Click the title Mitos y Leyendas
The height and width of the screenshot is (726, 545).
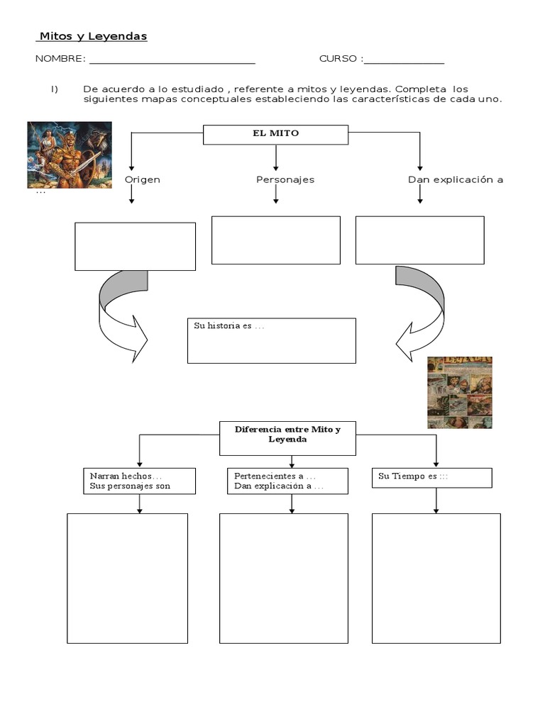[x=92, y=36]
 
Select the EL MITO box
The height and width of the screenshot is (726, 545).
[x=275, y=134]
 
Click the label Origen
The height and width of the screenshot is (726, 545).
[x=143, y=179]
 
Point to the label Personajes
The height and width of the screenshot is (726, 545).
[x=285, y=179]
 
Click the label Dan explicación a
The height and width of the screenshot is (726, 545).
[x=456, y=179]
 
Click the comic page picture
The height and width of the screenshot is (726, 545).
[x=459, y=392]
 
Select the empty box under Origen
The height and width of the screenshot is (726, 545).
[x=135, y=246]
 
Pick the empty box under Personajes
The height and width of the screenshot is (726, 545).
[x=276, y=240]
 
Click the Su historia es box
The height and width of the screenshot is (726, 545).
[x=271, y=340]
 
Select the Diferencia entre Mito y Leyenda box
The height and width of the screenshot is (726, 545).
[x=287, y=437]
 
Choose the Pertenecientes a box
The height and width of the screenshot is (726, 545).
[x=287, y=481]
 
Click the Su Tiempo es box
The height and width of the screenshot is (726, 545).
[x=431, y=477]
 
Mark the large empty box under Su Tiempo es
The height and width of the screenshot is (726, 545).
[x=436, y=578]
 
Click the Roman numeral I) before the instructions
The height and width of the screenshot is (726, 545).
[x=53, y=89]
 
